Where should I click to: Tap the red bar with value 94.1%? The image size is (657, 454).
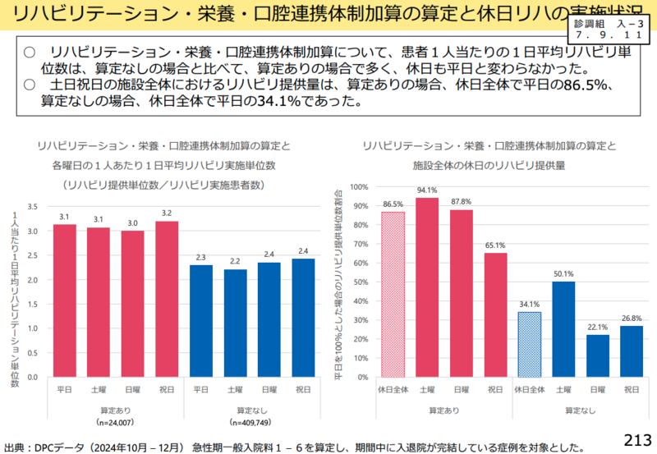[427, 287]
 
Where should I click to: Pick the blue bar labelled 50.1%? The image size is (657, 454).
[563, 328]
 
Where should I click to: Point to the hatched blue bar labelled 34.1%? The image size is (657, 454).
[529, 344]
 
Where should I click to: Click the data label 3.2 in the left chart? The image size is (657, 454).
[167, 213]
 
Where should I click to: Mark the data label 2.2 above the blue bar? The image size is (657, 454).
[235, 261]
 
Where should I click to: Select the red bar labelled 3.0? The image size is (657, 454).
[133, 303]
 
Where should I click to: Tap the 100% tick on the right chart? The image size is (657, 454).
[359, 186]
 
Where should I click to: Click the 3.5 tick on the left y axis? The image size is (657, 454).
[34, 206]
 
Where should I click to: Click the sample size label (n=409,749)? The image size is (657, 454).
[252, 423]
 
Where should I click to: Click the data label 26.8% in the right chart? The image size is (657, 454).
[632, 318]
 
